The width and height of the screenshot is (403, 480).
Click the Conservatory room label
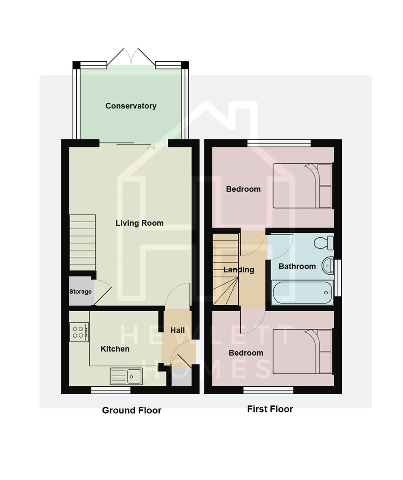click(x=130, y=106)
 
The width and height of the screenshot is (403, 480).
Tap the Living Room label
click(x=139, y=223)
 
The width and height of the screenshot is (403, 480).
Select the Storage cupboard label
click(x=80, y=292)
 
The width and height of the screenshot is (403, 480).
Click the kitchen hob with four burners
click(x=79, y=332)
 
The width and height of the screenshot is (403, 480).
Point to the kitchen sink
click(x=126, y=376)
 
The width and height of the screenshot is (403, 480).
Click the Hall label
click(x=178, y=330)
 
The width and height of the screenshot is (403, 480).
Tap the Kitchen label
click(x=115, y=349)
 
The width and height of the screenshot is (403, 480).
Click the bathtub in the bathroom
click(x=302, y=293)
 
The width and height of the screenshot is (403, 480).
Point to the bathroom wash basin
click(x=328, y=265)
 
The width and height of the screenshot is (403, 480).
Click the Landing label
click(x=239, y=270)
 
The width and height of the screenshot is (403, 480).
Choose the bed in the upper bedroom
click(x=302, y=186)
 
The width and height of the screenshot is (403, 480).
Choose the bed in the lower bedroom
click(x=302, y=352)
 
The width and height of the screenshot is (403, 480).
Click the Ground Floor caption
click(x=131, y=410)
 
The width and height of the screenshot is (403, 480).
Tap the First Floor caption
click(x=270, y=409)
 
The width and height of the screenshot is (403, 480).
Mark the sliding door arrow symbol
click(x=151, y=148)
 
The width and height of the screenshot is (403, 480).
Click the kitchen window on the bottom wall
click(x=111, y=390)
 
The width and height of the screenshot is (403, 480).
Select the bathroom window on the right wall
click(x=338, y=278)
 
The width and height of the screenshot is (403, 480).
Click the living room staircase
click(x=83, y=242)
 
